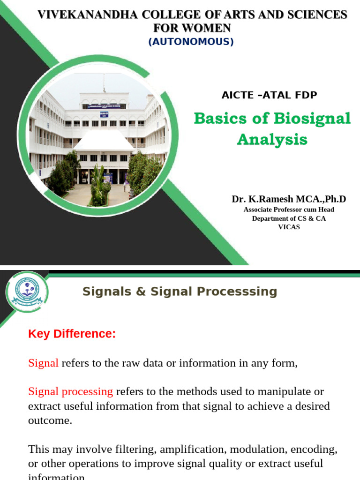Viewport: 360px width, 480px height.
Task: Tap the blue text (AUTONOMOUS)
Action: [191, 42]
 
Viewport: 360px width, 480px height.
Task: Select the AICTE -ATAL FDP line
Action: [269, 95]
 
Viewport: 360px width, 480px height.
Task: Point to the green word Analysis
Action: [272, 140]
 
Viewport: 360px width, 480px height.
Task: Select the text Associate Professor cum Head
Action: [289, 210]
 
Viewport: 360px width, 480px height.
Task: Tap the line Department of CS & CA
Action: [289, 218]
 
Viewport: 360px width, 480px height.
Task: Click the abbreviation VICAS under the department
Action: [289, 227]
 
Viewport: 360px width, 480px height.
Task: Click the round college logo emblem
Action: [27, 292]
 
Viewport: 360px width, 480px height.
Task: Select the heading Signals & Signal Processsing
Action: [180, 292]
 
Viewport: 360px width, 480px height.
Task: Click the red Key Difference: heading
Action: [72, 334]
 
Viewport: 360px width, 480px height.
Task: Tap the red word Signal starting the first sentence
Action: [43, 363]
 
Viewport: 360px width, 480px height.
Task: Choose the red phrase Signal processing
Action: [70, 391]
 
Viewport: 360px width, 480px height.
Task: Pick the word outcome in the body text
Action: [50, 420]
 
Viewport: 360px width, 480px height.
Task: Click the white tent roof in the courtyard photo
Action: [104, 140]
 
